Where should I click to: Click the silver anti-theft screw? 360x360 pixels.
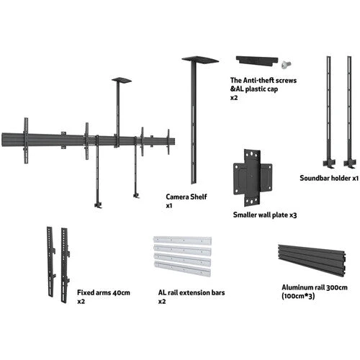click(286, 64)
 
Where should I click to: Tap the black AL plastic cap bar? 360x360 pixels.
click(257, 60)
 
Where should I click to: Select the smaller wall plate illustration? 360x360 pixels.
click(253, 178)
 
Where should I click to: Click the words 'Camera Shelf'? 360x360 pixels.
click(186, 197)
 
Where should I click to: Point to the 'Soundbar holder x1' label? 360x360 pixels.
click(329, 178)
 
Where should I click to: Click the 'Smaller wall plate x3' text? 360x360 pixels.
click(265, 215)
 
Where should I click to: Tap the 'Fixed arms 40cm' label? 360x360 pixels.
click(104, 292)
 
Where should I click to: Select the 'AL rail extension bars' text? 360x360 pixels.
click(192, 292)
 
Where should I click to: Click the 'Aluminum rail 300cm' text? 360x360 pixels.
click(315, 287)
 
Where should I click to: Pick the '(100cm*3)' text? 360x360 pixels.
click(298, 296)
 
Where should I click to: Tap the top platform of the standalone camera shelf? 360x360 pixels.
click(200, 60)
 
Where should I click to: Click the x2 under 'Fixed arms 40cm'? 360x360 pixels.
click(81, 302)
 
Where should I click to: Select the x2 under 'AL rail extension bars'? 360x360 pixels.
click(162, 302)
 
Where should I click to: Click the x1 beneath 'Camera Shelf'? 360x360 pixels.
click(169, 206)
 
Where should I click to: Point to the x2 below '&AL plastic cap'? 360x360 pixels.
click(234, 98)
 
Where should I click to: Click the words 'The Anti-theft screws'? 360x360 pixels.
click(264, 80)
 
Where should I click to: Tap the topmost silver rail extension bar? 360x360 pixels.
click(182, 240)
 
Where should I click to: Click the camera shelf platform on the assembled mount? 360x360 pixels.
click(122, 80)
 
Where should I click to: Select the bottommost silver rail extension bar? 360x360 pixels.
click(182, 269)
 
